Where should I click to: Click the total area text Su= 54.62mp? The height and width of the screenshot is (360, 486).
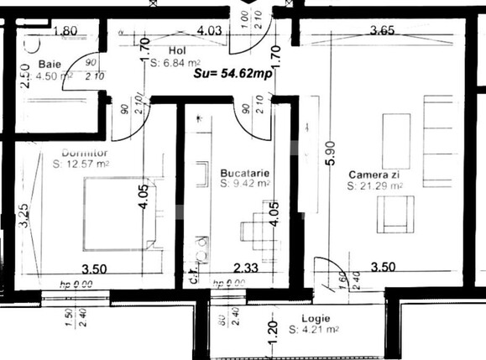(x=233, y=74)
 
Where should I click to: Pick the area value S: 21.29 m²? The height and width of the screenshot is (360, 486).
(x=375, y=185)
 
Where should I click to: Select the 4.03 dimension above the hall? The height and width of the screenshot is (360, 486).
(x=209, y=32)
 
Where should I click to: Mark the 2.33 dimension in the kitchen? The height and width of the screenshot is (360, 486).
(x=245, y=268)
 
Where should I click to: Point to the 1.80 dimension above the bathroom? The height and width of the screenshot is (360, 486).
(x=65, y=32)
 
